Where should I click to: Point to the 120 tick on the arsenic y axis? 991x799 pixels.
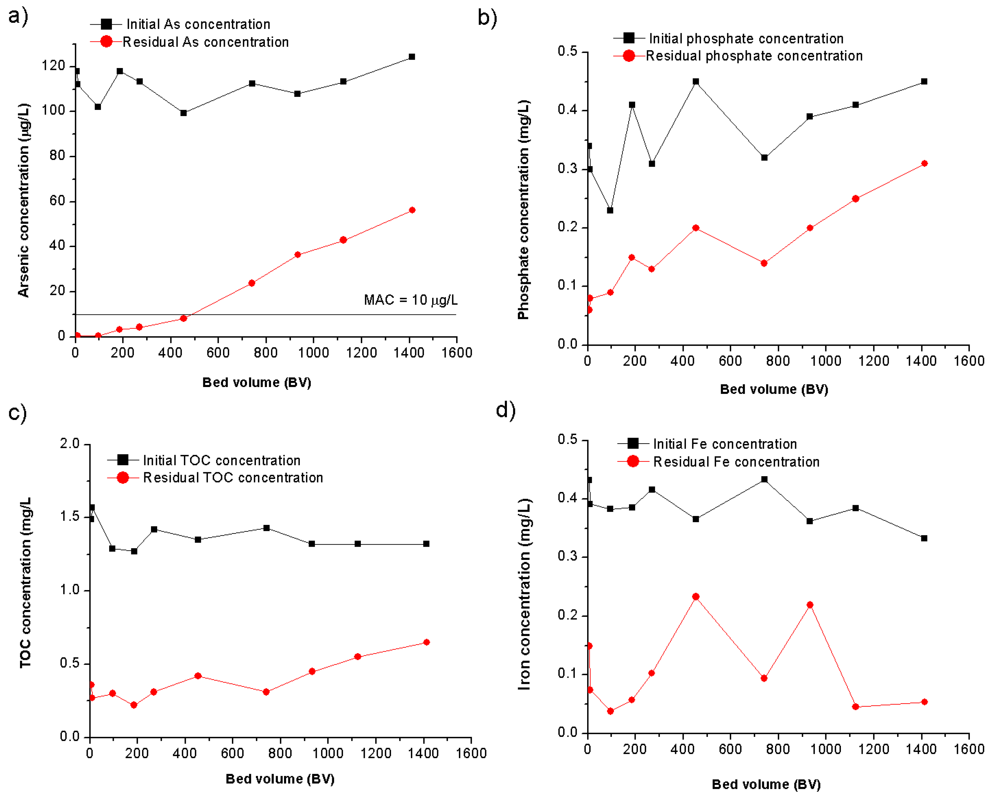[x=54, y=66]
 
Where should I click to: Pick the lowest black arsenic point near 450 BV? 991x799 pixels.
[x=184, y=113]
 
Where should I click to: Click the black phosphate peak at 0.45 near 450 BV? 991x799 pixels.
[x=696, y=82]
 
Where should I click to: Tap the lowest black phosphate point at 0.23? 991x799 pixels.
[x=610, y=210]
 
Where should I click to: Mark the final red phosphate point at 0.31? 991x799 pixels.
[x=924, y=163]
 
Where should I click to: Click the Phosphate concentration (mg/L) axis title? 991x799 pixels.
[x=523, y=210]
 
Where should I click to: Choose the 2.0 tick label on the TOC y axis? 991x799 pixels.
[x=70, y=444]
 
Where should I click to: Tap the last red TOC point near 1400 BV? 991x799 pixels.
[x=427, y=642]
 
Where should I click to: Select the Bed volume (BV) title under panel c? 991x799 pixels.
[x=280, y=779]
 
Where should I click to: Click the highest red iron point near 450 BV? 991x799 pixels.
[x=696, y=597]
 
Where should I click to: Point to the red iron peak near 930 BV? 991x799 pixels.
[x=810, y=605]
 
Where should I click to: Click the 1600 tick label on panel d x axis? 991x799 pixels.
[x=969, y=749]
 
